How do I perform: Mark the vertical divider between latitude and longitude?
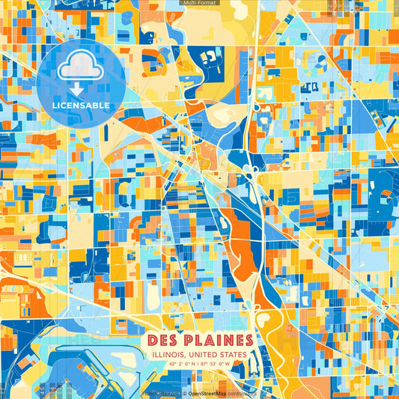(199, 365)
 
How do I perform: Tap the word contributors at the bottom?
(242, 393)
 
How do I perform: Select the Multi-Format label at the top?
(199, 3)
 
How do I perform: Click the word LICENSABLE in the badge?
(81, 106)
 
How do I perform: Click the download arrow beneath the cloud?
(81, 89)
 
